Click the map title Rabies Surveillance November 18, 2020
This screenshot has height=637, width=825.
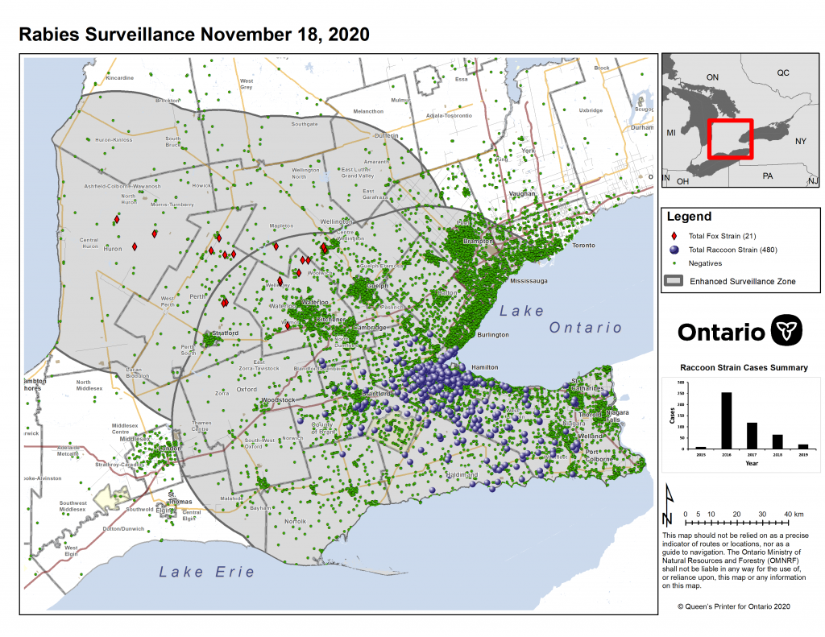tap(193, 35)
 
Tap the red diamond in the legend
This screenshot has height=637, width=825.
tap(674, 236)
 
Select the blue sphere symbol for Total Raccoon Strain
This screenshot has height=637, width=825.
tap(674, 250)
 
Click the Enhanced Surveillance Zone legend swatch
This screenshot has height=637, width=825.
tap(674, 281)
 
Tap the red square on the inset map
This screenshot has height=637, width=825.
tap(730, 139)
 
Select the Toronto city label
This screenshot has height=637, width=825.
tap(583, 245)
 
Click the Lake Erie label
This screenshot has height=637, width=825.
tap(206, 572)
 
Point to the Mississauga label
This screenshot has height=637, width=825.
tap(529, 281)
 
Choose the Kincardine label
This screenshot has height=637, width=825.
tap(119, 78)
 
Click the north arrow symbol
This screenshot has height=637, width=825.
tap(667, 506)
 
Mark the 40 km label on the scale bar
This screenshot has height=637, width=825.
tap(793, 514)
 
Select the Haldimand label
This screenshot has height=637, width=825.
tap(462, 475)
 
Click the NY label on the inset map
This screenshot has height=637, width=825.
tap(800, 141)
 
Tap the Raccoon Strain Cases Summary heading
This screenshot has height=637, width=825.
tap(744, 367)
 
